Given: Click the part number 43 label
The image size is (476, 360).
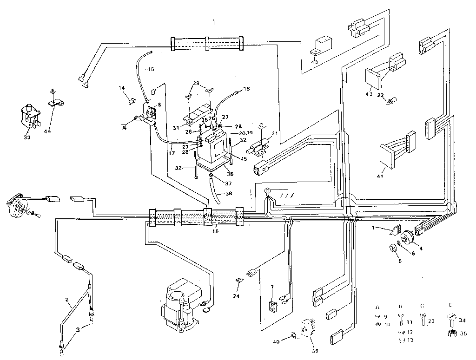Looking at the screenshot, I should point(315,62).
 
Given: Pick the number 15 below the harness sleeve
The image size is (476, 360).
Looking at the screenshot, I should point(215,231).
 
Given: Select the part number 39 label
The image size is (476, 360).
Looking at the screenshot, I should point(315,351).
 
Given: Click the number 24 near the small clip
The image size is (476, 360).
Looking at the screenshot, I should point(236,295).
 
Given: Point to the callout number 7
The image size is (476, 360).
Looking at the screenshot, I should point(273,288).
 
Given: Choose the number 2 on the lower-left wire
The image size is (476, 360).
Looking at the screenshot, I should point(67,300).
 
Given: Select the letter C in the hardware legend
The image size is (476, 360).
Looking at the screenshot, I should point(422,308).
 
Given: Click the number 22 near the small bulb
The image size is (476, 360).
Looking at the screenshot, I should point(380,95).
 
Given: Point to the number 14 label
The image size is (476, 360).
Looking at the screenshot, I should point(121,88).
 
